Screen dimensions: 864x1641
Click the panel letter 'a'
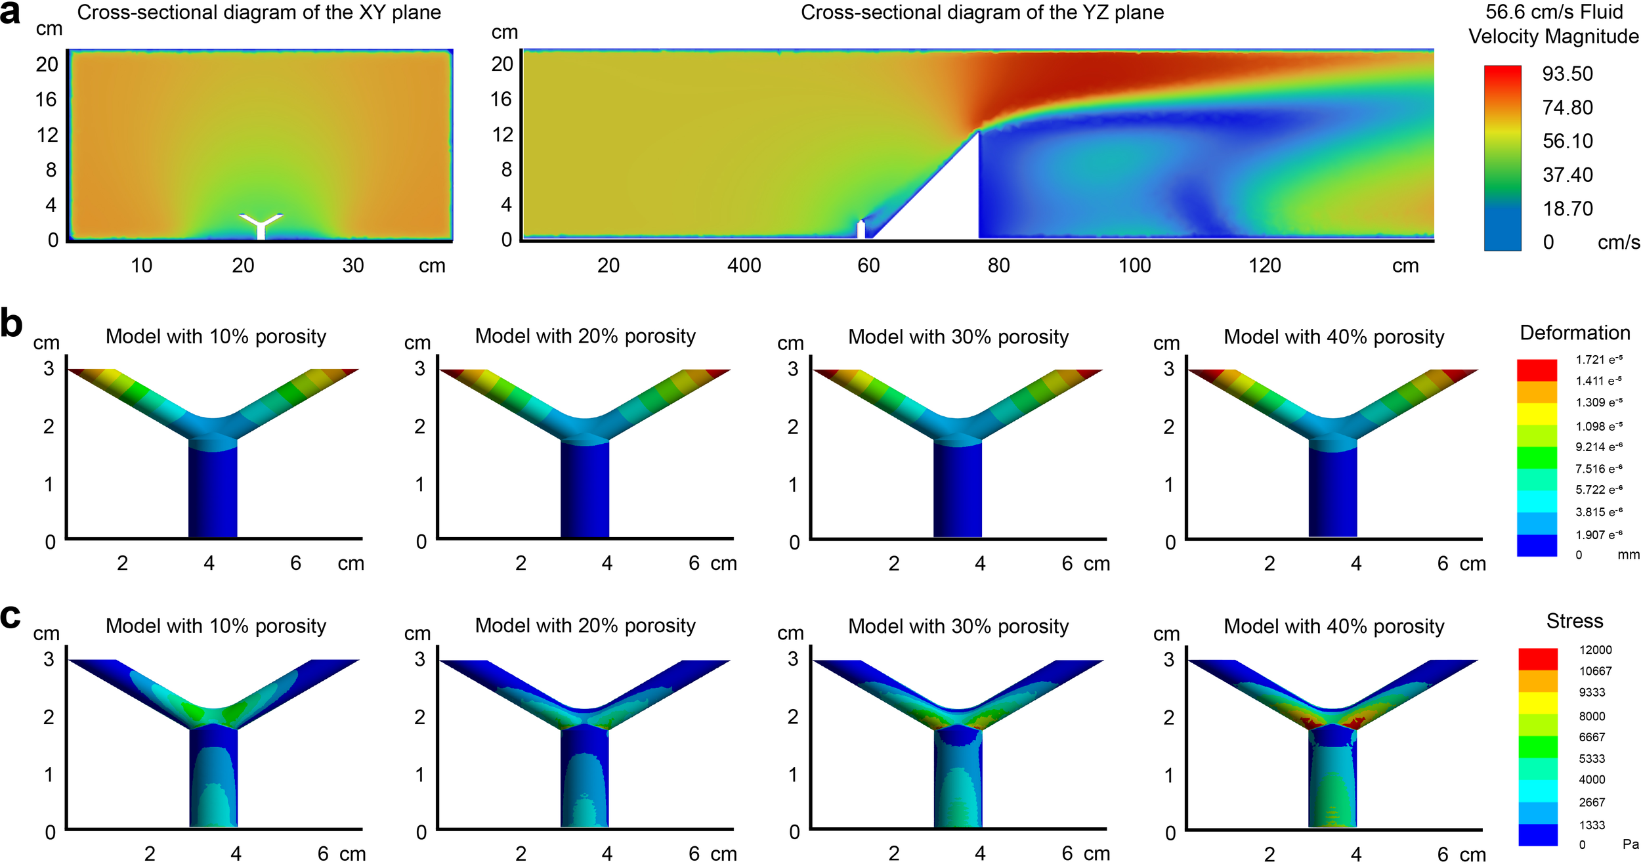(11, 13)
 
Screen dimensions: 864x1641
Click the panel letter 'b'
(11, 323)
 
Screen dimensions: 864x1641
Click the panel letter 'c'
(11, 615)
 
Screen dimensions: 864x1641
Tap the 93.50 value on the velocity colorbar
(1567, 74)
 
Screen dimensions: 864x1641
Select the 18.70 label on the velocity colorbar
(1567, 209)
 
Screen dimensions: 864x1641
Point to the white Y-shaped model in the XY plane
(261, 225)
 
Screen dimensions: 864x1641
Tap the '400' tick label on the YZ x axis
(744, 265)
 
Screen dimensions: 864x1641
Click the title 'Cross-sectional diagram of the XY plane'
(259, 12)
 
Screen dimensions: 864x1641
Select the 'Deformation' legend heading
(1575, 333)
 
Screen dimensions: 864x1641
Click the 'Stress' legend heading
(1575, 621)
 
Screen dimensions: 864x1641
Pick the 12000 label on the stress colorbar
(1595, 650)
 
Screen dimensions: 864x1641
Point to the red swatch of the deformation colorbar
(1537, 370)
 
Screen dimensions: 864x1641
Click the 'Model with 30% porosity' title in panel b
(958, 337)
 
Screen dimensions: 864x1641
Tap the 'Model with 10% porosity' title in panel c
(216, 626)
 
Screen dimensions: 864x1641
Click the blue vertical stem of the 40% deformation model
(1332, 492)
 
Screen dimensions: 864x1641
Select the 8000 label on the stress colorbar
(1592, 716)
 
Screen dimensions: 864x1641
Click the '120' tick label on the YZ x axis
(1265, 265)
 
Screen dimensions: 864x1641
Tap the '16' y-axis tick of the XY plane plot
(46, 99)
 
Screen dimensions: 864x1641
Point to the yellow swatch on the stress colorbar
(1537, 702)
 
